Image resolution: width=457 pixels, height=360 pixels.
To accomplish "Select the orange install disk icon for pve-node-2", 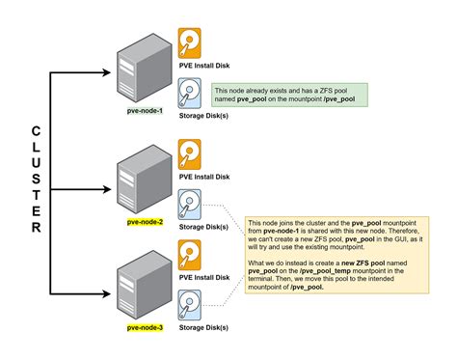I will pyautogui.click(x=189, y=154).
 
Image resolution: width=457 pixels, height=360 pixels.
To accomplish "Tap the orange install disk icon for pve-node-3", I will pyautogui.click(x=189, y=256).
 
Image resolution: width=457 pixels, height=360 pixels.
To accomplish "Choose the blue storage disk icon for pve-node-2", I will pyautogui.click(x=189, y=205).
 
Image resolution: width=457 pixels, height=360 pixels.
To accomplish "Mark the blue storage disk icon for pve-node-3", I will pyautogui.click(x=189, y=308).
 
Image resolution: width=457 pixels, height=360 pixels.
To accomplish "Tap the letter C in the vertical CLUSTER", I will pyautogui.click(x=36, y=130).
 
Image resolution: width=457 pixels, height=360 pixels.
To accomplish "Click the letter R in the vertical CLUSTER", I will pyautogui.click(x=36, y=229).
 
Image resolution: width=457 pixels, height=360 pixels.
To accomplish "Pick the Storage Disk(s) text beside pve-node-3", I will pyautogui.click(x=203, y=330).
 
